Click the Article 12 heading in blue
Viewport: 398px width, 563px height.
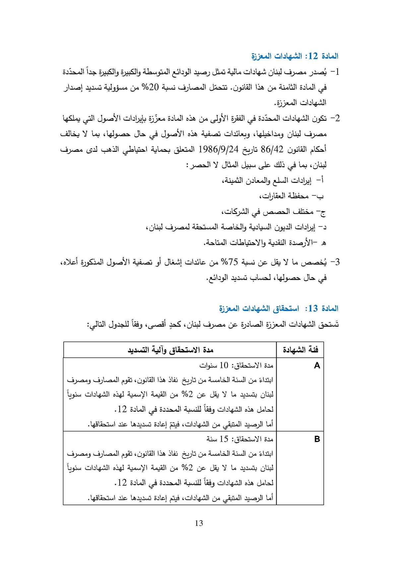coord(295,56)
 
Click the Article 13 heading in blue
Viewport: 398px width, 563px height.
coord(279,309)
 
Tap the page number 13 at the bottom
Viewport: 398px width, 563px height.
coord(199,523)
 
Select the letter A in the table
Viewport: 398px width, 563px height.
coord(317,366)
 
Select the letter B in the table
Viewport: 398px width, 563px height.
coord(317,439)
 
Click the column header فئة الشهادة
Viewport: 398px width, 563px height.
coord(300,350)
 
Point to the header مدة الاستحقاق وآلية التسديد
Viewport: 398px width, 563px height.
coord(170,350)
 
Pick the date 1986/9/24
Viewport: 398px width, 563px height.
coord(219,149)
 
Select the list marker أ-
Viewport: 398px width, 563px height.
coord(320,180)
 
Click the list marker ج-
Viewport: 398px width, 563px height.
coord(321,212)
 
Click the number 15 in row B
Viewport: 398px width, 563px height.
coord(224,439)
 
